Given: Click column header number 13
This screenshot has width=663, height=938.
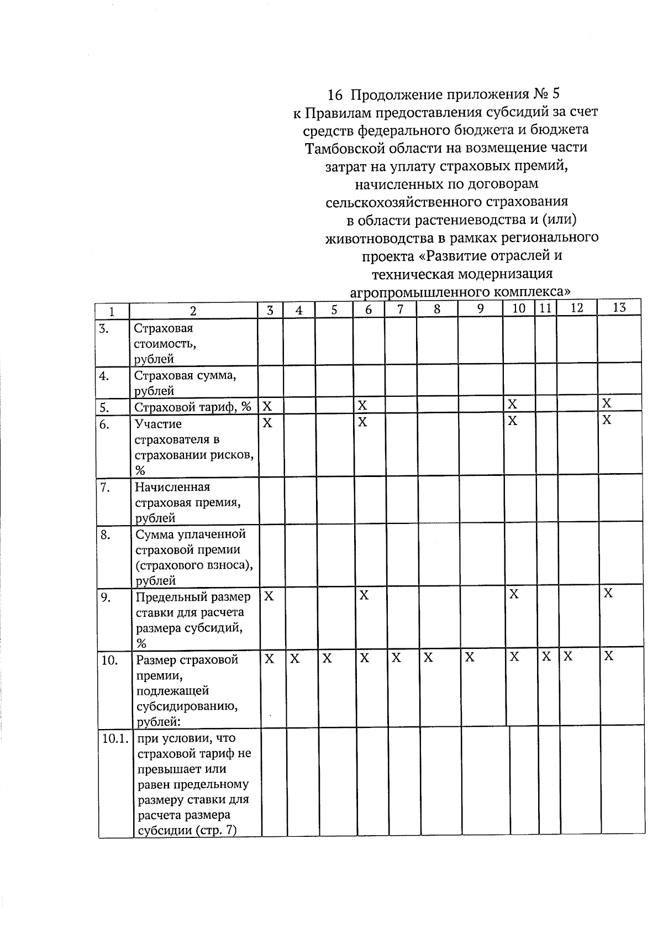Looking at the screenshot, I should coord(619,308).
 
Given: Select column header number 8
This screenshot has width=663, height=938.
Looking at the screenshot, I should coord(436,310).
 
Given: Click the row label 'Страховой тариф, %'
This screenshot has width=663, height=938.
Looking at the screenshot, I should coord(193,407).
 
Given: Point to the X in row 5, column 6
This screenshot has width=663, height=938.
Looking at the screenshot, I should coord(362,406).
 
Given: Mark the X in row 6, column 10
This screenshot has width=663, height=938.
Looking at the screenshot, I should coord(513,421).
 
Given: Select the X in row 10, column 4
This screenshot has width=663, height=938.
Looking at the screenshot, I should coord(295,658).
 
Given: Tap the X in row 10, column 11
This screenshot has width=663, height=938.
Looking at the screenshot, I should coord(546,657).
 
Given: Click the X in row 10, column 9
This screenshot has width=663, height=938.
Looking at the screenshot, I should coord(470,657).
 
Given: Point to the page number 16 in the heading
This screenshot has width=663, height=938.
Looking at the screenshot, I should coord(335,95).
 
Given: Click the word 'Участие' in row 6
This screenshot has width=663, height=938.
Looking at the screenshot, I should coord(159,424).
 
